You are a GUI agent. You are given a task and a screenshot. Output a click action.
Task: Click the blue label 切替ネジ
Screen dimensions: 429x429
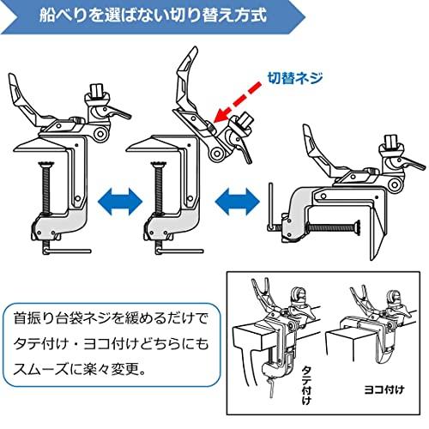pos(295,78)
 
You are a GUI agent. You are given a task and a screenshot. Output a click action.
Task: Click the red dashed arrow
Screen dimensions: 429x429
pos(238,103)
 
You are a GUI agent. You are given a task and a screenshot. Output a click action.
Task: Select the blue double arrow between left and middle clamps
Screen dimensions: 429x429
pos(120,202)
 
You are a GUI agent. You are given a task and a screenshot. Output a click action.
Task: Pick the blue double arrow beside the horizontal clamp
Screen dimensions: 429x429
pos(238,202)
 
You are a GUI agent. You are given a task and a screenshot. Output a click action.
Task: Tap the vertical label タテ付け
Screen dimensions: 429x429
pos(306,385)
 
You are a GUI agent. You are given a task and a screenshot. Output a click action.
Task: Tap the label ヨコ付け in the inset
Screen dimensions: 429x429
pos(384,390)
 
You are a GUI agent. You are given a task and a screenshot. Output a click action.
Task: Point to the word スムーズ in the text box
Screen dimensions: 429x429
pos(40,369)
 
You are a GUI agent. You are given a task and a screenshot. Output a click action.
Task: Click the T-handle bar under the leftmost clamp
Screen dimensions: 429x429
pos(68,251)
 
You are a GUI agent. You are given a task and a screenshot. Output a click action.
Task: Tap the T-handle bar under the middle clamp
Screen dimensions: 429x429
pos(179,251)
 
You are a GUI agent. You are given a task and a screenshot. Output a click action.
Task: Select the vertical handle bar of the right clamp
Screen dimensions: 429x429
pos(271,207)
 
